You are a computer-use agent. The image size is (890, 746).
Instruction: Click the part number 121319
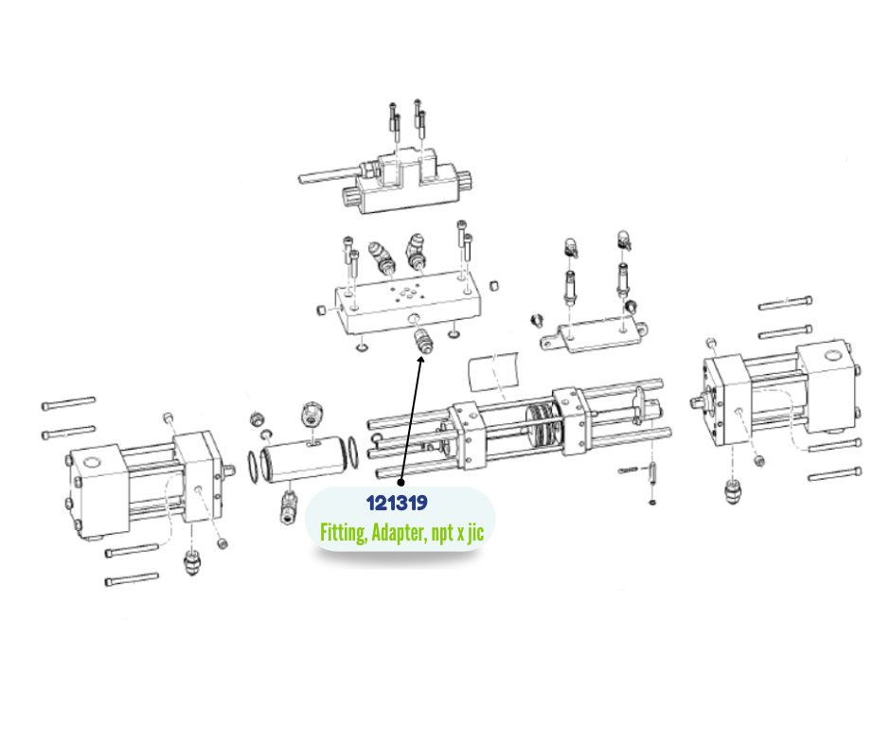pos(397,503)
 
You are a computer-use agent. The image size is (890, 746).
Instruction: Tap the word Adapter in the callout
pos(398,533)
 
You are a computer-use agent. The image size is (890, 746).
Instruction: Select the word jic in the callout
pos(475,533)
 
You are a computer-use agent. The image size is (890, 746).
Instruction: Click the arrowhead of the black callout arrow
pos(420,361)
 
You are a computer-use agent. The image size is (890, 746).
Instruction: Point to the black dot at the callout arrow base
pos(400,483)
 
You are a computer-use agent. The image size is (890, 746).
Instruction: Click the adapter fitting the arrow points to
pos(422,341)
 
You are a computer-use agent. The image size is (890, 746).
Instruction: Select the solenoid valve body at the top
pos(406,181)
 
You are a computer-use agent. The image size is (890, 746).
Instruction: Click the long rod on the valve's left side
pos(329,174)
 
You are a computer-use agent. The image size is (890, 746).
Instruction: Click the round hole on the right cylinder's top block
pos(832,357)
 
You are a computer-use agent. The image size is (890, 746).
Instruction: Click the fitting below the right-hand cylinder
pos(734,490)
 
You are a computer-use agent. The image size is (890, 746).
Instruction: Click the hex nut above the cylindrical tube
pos(311,414)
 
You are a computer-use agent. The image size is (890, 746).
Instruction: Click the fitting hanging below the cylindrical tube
pos(288,507)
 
